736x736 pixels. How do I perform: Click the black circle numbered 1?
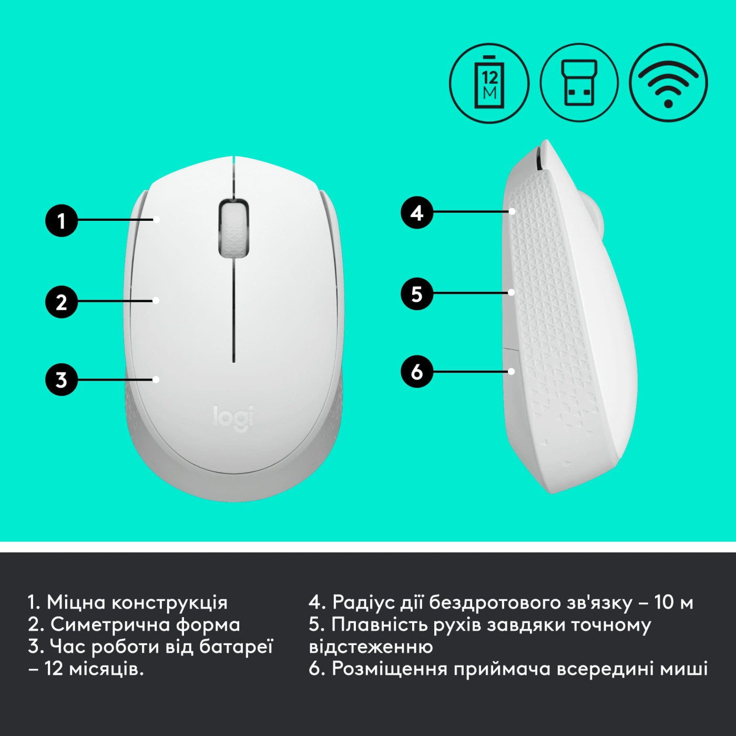click(x=62, y=220)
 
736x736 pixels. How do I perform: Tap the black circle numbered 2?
click(x=62, y=302)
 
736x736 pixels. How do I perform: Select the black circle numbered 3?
click(x=62, y=380)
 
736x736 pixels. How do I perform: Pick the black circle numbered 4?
click(x=417, y=212)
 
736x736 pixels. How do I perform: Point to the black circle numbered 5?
click(x=417, y=293)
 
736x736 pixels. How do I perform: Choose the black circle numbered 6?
click(x=417, y=372)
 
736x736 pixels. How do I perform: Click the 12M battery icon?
click(x=489, y=83)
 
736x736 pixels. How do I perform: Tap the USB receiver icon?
click(x=579, y=83)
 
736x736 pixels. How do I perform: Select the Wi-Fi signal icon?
click(x=668, y=83)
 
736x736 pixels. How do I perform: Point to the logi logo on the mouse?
click(x=233, y=418)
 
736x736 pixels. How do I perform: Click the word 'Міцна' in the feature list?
click(x=77, y=602)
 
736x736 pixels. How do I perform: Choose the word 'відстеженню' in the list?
click(x=371, y=647)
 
